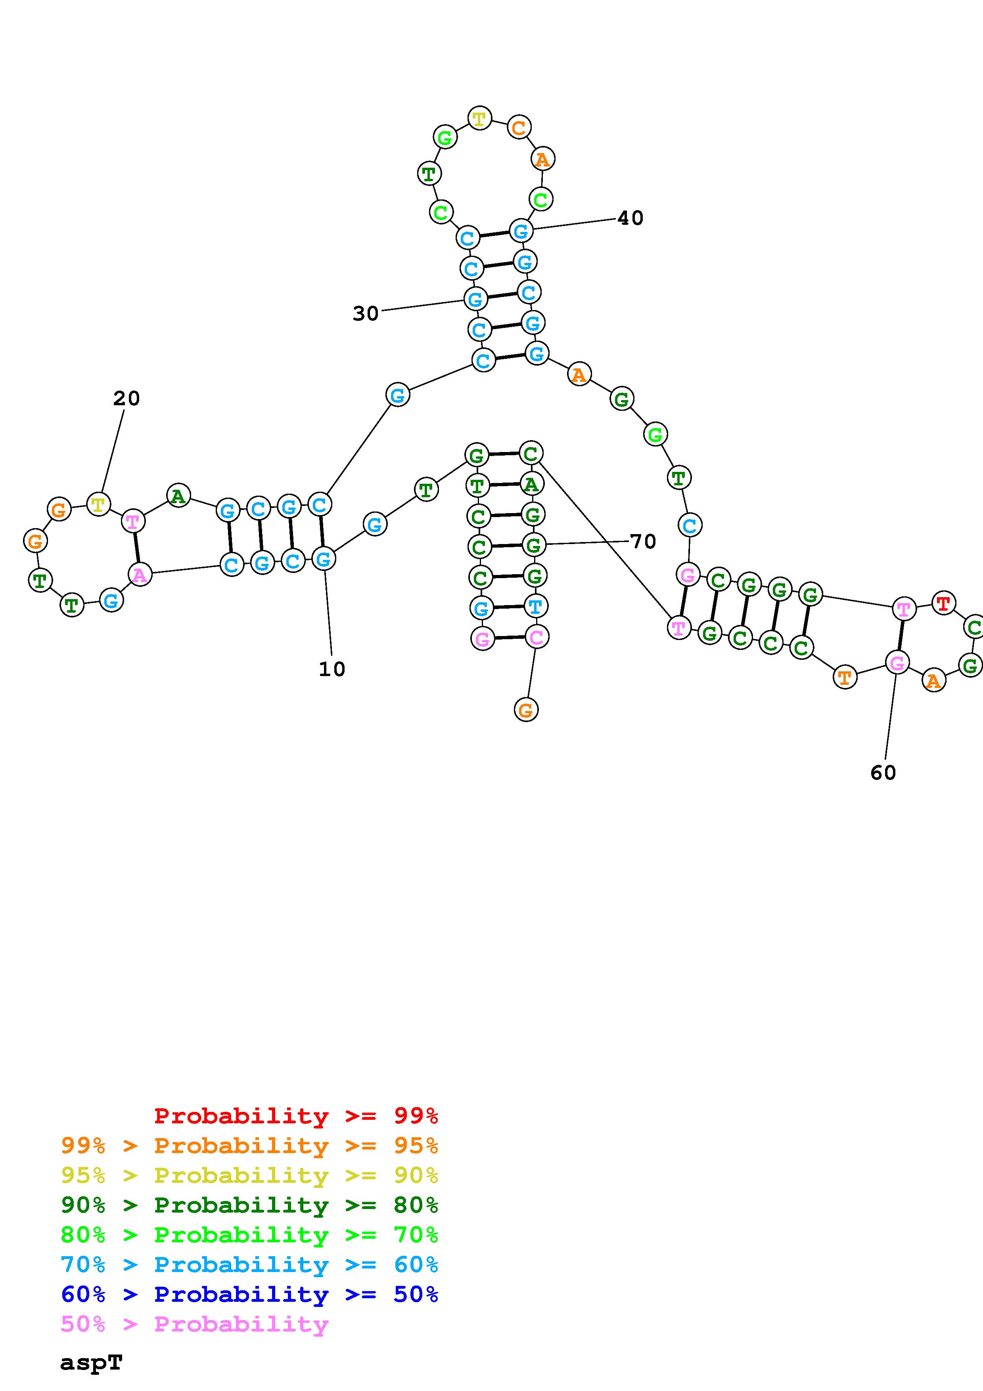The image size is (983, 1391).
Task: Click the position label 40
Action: (x=630, y=218)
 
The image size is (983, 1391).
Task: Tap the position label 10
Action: (x=332, y=669)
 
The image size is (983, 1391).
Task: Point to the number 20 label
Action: (x=126, y=398)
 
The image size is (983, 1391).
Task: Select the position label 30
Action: (x=366, y=313)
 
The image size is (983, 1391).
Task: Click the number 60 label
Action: (x=883, y=772)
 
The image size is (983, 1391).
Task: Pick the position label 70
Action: (x=643, y=541)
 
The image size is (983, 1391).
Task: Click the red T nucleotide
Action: (x=943, y=603)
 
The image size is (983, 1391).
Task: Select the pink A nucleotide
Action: (x=140, y=574)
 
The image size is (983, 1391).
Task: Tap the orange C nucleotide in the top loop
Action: (x=518, y=127)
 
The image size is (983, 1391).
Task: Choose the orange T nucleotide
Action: (x=845, y=677)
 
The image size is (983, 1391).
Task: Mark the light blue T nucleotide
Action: (x=535, y=606)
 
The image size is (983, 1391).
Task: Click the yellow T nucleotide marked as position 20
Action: (x=98, y=504)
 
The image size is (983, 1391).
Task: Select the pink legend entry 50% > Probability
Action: (x=194, y=1324)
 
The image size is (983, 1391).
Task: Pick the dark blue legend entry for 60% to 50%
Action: (x=249, y=1294)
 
